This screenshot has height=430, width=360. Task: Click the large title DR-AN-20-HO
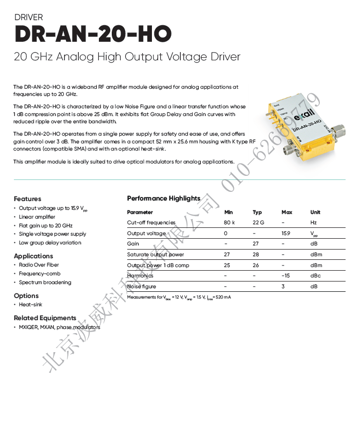click(x=93, y=34)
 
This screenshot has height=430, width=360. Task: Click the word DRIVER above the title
click(x=29, y=18)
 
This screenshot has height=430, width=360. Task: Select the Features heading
click(x=27, y=199)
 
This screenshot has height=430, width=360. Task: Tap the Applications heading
click(x=33, y=256)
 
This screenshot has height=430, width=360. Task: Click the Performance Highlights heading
click(x=164, y=199)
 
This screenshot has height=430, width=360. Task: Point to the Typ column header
click(x=257, y=212)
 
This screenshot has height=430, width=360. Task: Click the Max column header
click(x=287, y=212)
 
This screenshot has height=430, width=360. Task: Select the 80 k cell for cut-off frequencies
click(x=229, y=223)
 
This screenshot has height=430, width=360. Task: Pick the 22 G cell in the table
click(x=258, y=223)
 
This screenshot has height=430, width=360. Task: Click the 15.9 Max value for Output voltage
click(x=286, y=234)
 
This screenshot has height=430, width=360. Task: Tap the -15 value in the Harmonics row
click(x=286, y=276)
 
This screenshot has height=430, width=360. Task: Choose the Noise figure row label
click(x=141, y=287)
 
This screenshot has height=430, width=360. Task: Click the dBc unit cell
click(x=316, y=276)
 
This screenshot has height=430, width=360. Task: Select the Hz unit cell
click(x=313, y=223)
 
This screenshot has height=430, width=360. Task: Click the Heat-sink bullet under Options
click(x=30, y=305)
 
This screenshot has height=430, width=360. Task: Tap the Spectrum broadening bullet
click(x=45, y=283)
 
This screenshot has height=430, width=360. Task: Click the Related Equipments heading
click(x=45, y=318)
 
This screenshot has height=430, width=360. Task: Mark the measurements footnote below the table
click(x=179, y=297)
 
